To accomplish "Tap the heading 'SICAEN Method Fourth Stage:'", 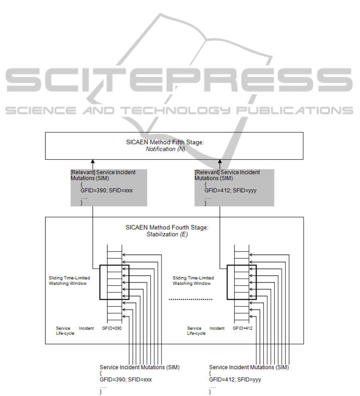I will click(167, 228).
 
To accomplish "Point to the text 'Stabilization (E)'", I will click(167, 234).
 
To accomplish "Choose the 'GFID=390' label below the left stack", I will click(112, 328).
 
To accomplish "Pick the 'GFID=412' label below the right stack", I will click(243, 328).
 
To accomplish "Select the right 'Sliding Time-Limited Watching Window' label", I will click(193, 280).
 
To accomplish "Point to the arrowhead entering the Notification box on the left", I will click(92, 162).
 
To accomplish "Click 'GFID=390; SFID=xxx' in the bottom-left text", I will click(126, 380).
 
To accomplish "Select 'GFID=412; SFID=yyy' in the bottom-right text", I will click(235, 380).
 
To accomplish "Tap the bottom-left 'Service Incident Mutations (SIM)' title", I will click(132, 367).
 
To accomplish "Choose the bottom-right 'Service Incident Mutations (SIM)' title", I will click(249, 367).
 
